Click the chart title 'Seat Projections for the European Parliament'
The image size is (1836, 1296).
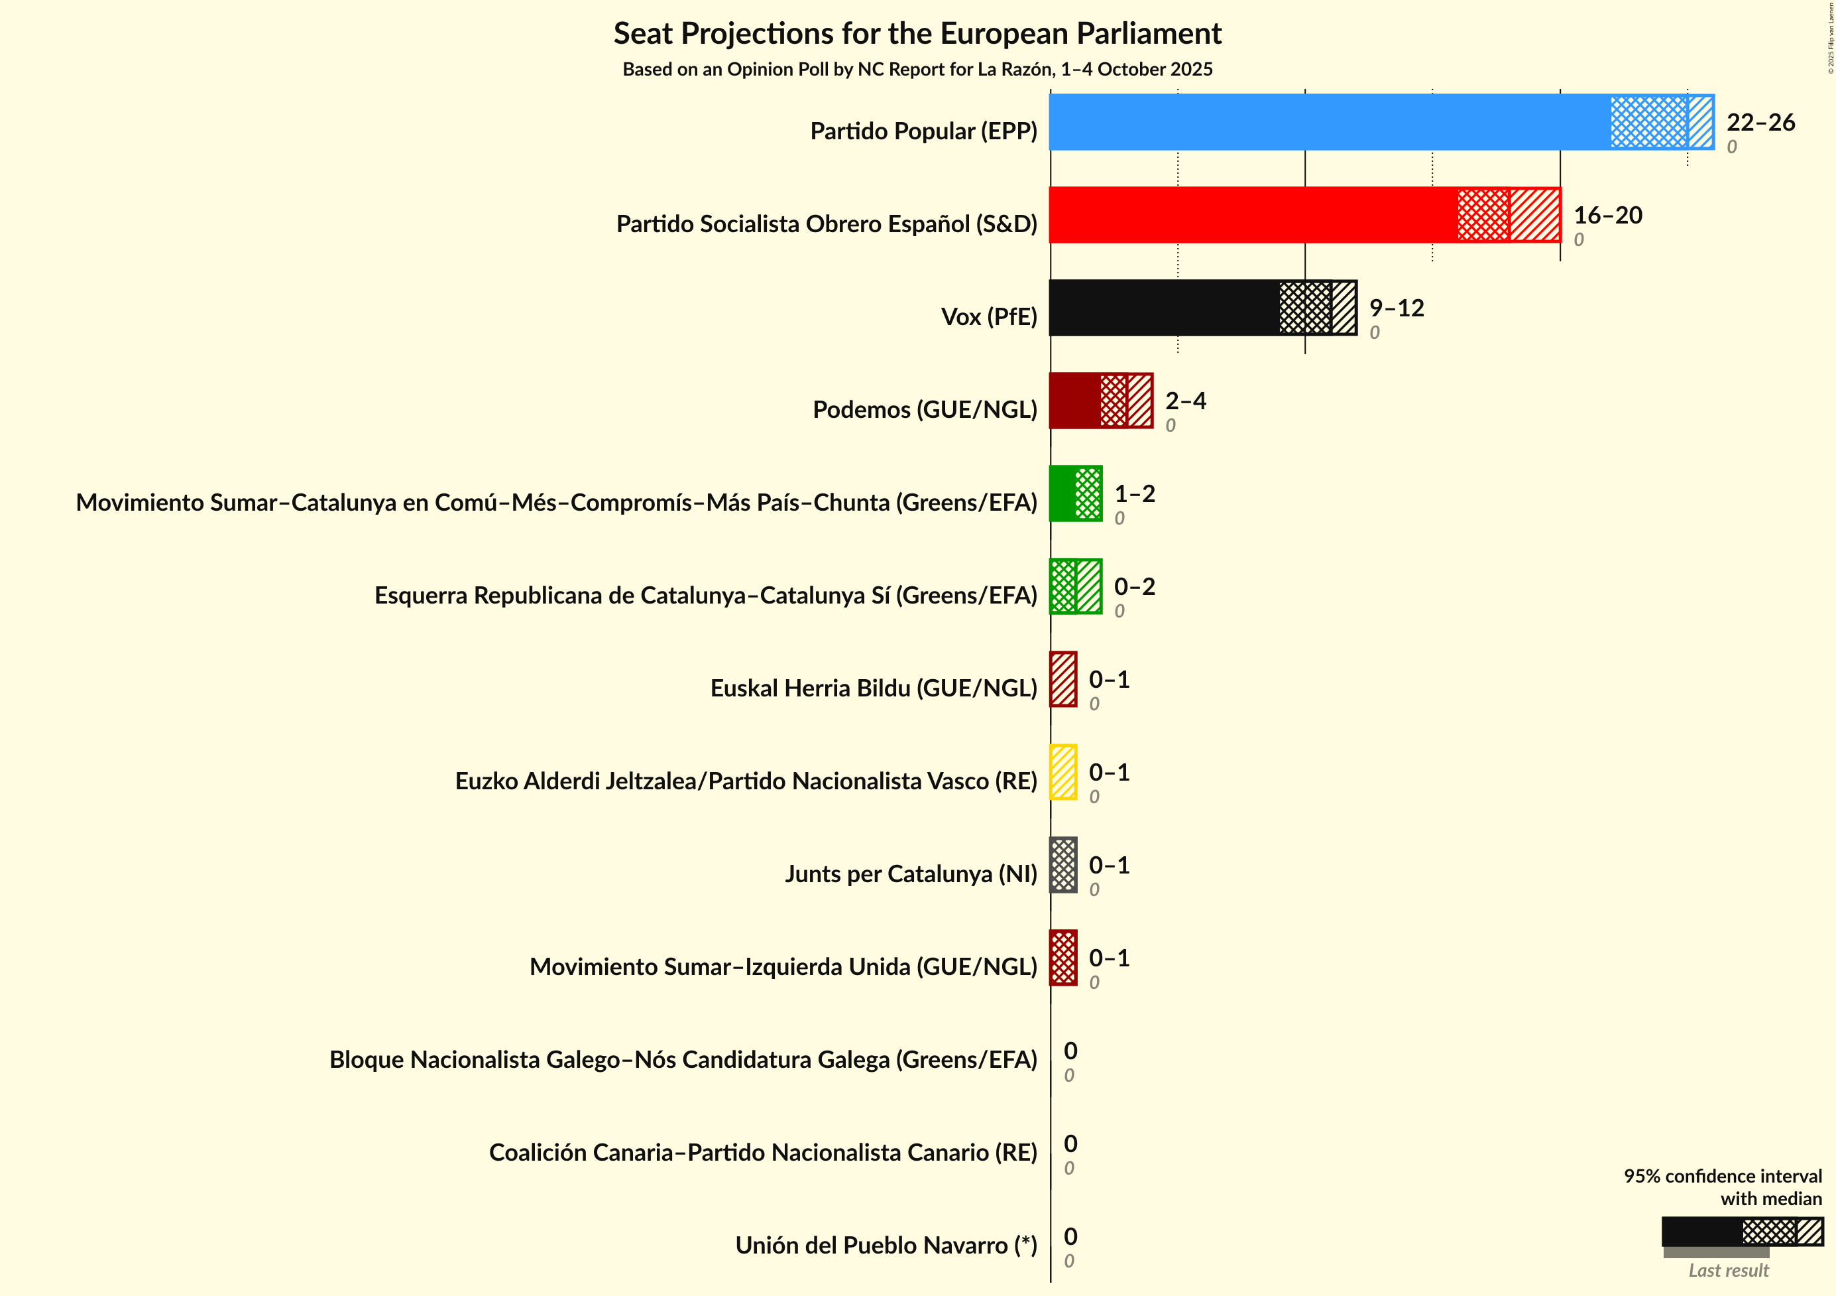(x=917, y=34)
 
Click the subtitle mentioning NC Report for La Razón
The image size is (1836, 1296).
(x=917, y=70)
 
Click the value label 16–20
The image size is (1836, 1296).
(x=1607, y=214)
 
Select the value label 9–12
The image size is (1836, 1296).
(x=1396, y=307)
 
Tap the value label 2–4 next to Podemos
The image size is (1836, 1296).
(x=1185, y=400)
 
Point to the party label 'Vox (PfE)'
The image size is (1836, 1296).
(x=988, y=317)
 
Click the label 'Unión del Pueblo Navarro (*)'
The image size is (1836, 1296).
(x=886, y=1246)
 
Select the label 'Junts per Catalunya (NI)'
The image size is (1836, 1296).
(x=910, y=874)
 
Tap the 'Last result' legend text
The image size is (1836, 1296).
(x=1728, y=1270)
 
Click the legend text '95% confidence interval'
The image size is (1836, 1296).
(x=1723, y=1176)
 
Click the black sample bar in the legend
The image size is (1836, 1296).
(x=1701, y=1231)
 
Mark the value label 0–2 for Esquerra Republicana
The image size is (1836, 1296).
(x=1134, y=586)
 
